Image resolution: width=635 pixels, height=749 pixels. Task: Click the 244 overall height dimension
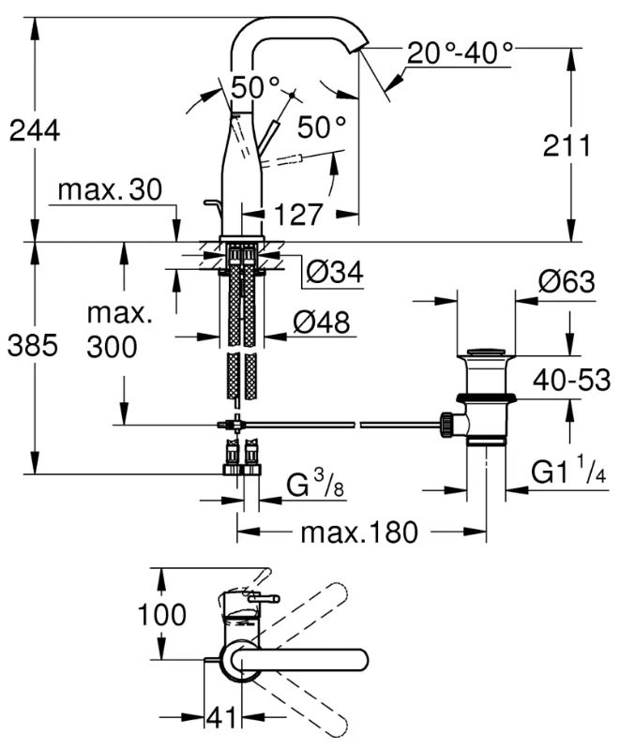pyautogui.click(x=35, y=130)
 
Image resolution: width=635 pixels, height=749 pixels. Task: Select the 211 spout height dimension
pyautogui.click(x=567, y=145)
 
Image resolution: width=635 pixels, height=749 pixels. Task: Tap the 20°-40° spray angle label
pyautogui.click(x=460, y=52)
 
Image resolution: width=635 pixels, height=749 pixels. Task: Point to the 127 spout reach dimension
pyautogui.click(x=298, y=214)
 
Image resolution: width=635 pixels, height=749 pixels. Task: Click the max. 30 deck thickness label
pyautogui.click(x=110, y=189)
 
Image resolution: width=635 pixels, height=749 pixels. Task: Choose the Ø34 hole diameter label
pyautogui.click(x=335, y=272)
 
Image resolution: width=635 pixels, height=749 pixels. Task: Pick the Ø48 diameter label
pyautogui.click(x=321, y=322)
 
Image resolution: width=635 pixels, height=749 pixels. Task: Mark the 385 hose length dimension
pyautogui.click(x=33, y=345)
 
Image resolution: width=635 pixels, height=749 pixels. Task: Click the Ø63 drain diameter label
pyautogui.click(x=567, y=281)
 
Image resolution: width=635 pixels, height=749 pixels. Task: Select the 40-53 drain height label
pyautogui.click(x=572, y=381)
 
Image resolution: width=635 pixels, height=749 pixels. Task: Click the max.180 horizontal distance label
pyautogui.click(x=359, y=532)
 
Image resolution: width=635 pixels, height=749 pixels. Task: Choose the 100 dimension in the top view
pyautogui.click(x=161, y=614)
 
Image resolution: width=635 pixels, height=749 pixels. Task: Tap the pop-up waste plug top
pyautogui.click(x=486, y=352)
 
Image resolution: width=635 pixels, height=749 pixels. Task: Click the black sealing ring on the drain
pyautogui.click(x=486, y=397)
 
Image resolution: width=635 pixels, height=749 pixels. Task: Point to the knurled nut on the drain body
pyautogui.click(x=446, y=424)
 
